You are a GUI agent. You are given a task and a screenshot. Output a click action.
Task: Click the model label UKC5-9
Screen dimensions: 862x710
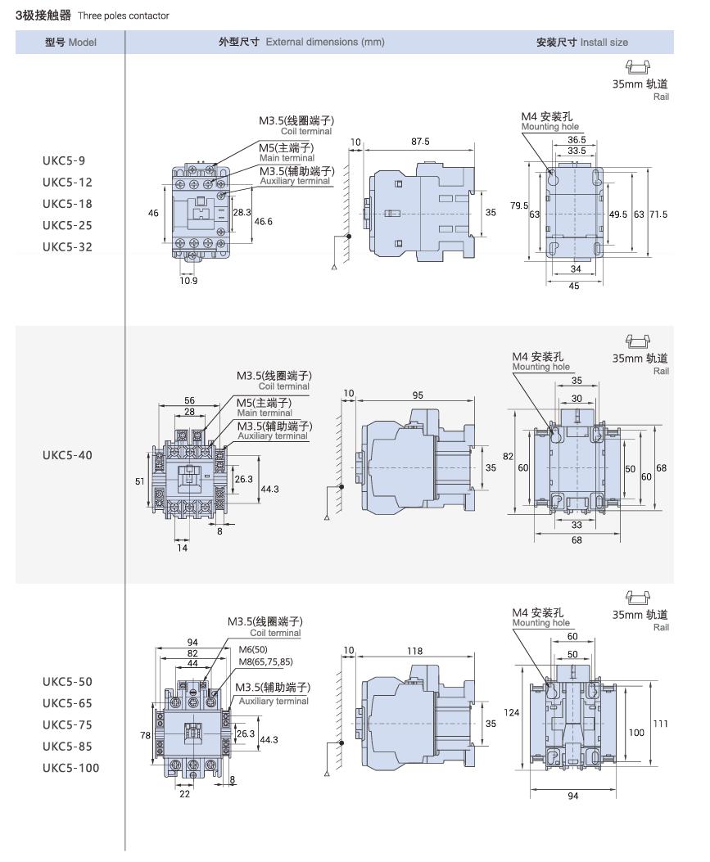[x=63, y=160]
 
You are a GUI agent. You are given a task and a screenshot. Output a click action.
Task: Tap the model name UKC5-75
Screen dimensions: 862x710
[x=69, y=724]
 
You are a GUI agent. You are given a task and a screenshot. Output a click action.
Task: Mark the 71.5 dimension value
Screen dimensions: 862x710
[x=658, y=214]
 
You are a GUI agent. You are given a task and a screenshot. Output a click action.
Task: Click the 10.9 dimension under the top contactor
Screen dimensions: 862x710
[x=188, y=280]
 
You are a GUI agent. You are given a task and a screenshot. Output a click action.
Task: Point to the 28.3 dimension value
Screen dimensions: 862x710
[x=242, y=211]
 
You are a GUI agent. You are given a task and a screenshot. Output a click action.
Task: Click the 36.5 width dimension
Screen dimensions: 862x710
[x=576, y=140]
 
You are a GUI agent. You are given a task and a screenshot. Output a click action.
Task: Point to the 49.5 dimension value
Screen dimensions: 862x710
[x=617, y=214]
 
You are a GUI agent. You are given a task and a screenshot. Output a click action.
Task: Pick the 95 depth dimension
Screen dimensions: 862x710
[x=417, y=395]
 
